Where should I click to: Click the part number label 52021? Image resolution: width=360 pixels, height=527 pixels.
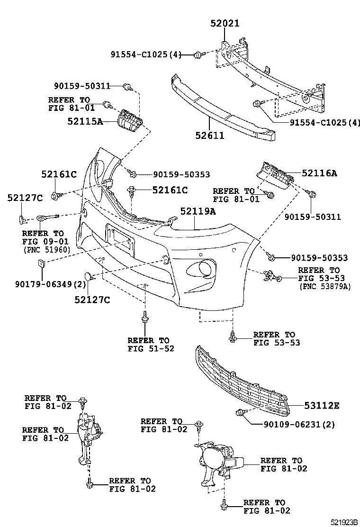point(225,23)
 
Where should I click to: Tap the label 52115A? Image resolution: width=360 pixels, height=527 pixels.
point(86,121)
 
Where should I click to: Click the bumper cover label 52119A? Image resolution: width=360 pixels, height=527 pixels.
point(198,212)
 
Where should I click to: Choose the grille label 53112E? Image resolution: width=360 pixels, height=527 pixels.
point(321,406)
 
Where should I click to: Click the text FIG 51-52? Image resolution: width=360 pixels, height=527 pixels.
point(151,348)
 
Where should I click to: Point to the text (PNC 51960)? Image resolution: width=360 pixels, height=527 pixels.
point(46,249)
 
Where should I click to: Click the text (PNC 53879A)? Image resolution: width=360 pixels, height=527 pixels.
point(324,286)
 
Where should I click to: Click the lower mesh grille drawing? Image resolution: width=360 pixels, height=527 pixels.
point(242,379)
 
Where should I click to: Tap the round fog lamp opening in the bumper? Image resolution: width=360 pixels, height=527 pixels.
point(205,269)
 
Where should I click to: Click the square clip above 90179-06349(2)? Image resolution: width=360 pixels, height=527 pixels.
point(41,264)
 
